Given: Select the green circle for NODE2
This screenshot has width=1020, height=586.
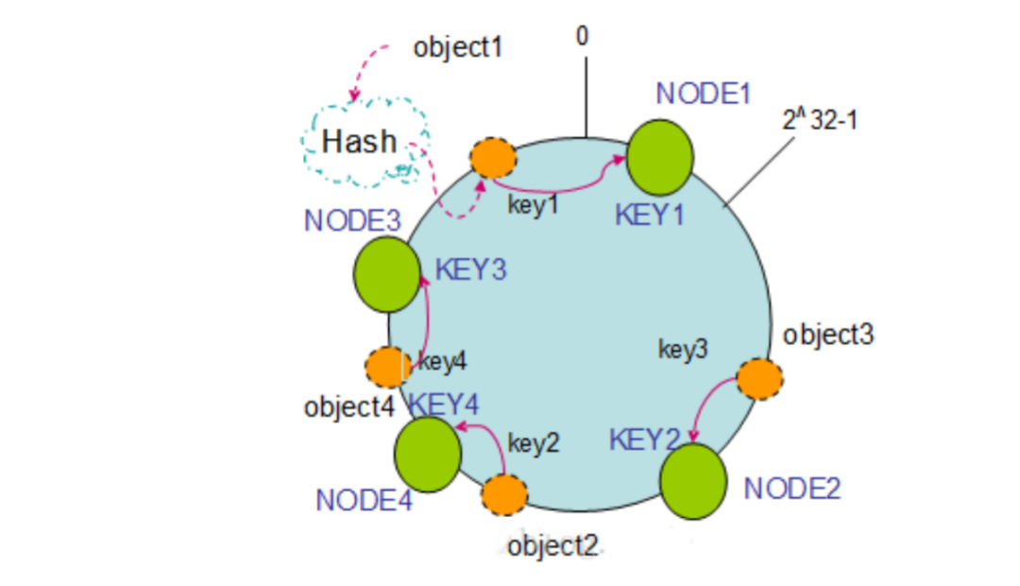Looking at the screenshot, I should [x=692, y=481].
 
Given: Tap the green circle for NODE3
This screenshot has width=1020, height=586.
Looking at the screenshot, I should [x=387, y=275].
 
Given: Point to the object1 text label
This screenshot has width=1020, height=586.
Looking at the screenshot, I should [x=458, y=47].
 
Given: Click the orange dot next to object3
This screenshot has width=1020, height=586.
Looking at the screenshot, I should [x=759, y=379].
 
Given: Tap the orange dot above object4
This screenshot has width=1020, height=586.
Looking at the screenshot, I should [x=385, y=367].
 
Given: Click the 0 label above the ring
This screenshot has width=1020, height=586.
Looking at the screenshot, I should [x=582, y=36].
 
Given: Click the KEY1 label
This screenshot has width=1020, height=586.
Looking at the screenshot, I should [x=649, y=215].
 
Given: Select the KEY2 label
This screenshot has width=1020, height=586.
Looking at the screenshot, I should [x=644, y=439].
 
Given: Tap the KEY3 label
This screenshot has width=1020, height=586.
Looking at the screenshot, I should [x=470, y=269].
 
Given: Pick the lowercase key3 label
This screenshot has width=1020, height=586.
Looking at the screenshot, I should [x=683, y=350].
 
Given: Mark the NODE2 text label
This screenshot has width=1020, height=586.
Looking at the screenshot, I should [x=791, y=488].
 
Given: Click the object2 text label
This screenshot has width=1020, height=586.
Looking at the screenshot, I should [x=552, y=546].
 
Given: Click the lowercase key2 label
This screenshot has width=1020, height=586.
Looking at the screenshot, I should [x=534, y=442].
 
